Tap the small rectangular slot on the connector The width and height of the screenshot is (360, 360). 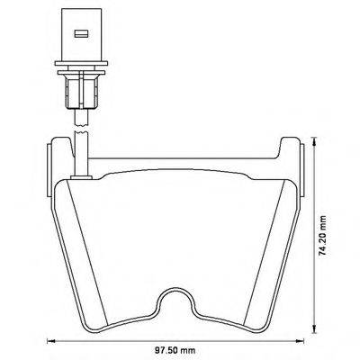79,37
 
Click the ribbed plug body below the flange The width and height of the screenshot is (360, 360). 79,90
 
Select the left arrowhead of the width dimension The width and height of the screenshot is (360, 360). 50,341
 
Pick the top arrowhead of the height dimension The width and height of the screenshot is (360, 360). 313,140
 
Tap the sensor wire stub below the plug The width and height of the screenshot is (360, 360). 79,112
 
